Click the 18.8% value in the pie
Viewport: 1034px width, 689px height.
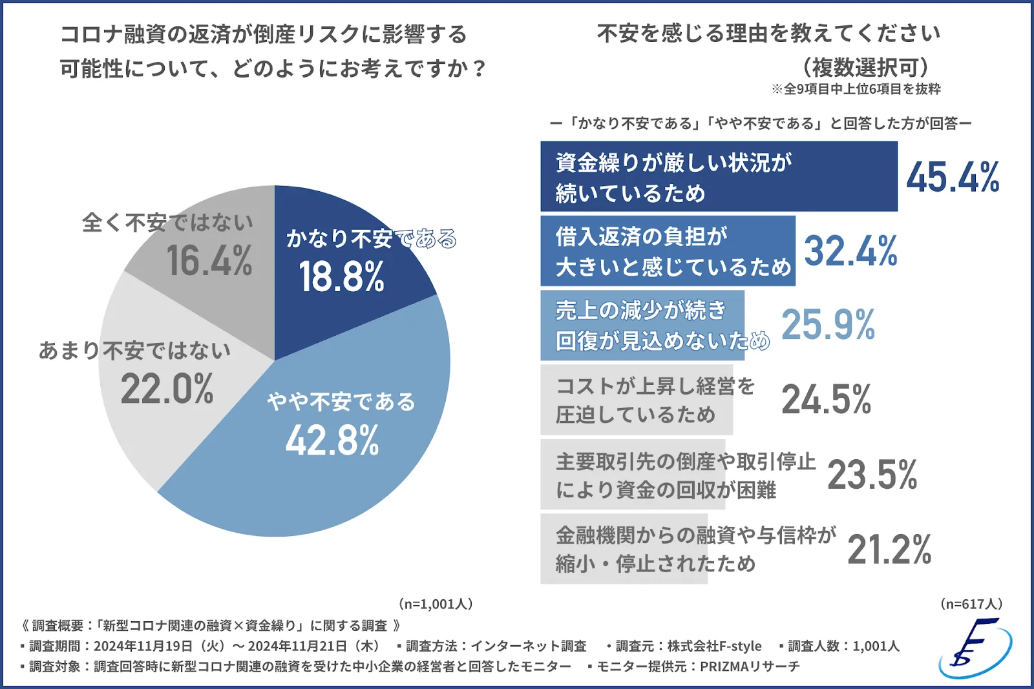click(341, 276)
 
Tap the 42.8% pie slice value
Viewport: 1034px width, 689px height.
click(332, 441)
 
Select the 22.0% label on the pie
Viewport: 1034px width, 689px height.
click(167, 389)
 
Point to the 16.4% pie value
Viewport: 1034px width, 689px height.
click(209, 261)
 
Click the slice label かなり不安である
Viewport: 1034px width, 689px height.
click(371, 238)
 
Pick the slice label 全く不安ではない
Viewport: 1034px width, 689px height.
click(167, 223)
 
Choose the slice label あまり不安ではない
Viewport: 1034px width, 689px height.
click(134, 350)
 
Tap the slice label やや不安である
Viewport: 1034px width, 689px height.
click(341, 402)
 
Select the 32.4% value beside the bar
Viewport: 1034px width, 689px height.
click(850, 251)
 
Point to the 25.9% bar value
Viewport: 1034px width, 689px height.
click(828, 324)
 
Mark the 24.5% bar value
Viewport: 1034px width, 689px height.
click(826, 399)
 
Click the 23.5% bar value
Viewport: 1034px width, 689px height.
click(872, 475)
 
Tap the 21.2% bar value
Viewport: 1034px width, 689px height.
click(889, 550)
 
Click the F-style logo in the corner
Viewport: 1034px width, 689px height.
click(975, 648)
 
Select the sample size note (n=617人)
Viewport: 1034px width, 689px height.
click(971, 604)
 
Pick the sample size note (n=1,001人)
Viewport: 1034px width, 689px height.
click(436, 604)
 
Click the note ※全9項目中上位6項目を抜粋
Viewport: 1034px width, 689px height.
click(856, 89)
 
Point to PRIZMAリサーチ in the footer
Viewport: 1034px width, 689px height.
click(750, 666)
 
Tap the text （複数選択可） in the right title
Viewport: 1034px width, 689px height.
click(865, 67)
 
